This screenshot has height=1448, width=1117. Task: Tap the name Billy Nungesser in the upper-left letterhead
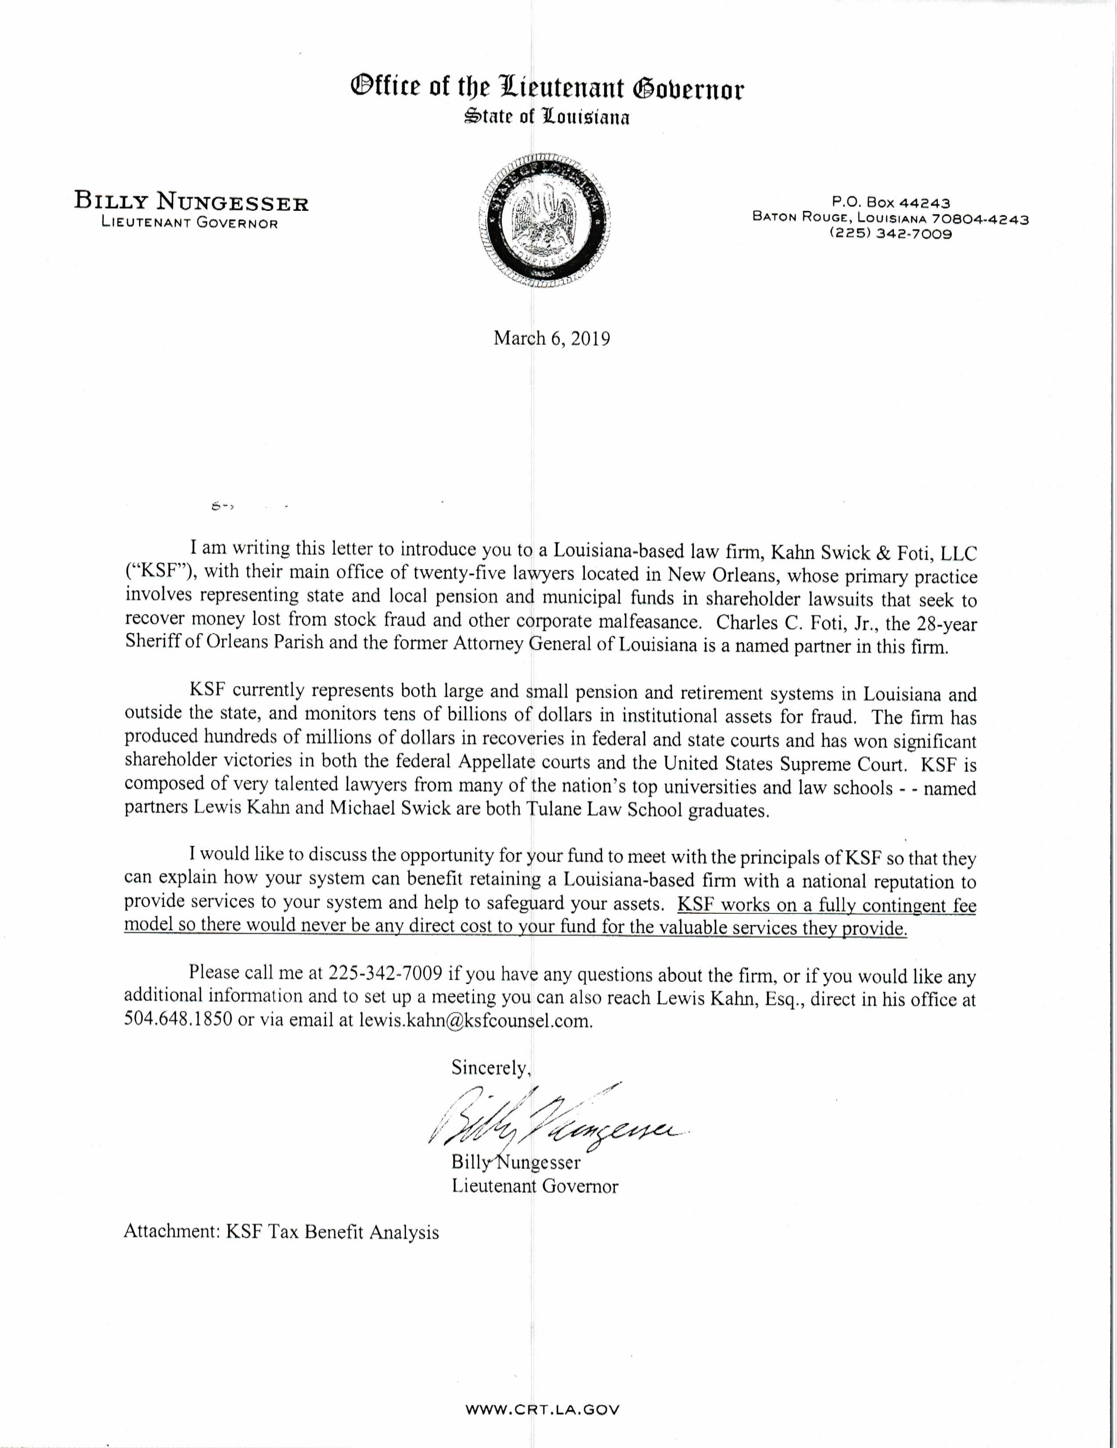pos(191,201)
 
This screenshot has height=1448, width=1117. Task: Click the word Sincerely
pos(491,1068)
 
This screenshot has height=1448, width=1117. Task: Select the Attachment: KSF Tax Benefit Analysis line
pos(281,1232)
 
